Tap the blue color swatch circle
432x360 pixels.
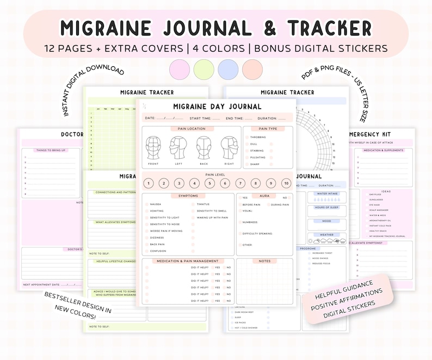tap(227, 70)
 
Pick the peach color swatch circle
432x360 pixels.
tap(252, 70)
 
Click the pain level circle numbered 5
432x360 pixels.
tap(209, 183)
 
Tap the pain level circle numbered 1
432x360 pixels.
tap(148, 183)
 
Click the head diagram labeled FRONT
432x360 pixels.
tap(153, 148)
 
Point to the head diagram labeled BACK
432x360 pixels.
tap(204, 148)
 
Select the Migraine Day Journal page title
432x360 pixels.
tap(217, 107)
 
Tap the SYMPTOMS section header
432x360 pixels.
tap(188, 196)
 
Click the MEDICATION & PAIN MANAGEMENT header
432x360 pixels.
tap(188, 261)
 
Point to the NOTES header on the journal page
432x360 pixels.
tap(264, 261)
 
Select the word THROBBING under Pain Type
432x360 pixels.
tap(258, 137)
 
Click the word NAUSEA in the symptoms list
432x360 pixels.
tap(157, 204)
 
